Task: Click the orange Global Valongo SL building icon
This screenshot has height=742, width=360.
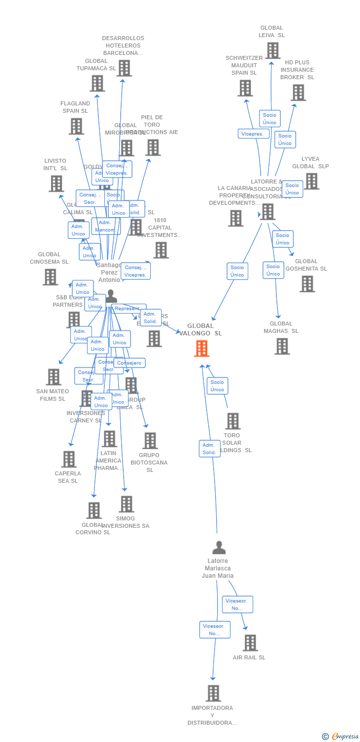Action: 201,348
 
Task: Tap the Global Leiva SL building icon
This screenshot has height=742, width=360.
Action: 272,50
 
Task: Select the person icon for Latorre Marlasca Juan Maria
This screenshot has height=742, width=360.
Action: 219,548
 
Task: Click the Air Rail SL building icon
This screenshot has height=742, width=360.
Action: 250,643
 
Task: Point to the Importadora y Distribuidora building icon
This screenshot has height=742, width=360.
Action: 213,693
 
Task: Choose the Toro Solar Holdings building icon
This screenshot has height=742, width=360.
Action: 232,421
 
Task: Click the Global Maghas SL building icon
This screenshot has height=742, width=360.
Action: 282,346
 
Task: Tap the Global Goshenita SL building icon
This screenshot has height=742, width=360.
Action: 307,284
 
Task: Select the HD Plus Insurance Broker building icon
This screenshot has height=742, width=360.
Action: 298,93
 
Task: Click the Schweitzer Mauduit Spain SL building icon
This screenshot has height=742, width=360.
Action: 245,88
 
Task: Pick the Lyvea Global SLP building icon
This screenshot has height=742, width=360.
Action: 312,181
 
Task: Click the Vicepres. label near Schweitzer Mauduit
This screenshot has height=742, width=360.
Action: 254,134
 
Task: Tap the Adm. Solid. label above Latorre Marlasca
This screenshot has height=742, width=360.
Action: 210,449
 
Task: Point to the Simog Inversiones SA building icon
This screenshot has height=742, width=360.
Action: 126,504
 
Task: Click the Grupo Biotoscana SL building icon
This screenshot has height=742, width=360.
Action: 150,440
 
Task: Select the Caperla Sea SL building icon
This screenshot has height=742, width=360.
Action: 69,459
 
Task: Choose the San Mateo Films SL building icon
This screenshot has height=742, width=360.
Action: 53,377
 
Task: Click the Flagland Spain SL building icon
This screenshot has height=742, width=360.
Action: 76,126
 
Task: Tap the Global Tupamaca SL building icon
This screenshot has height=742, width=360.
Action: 97,83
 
